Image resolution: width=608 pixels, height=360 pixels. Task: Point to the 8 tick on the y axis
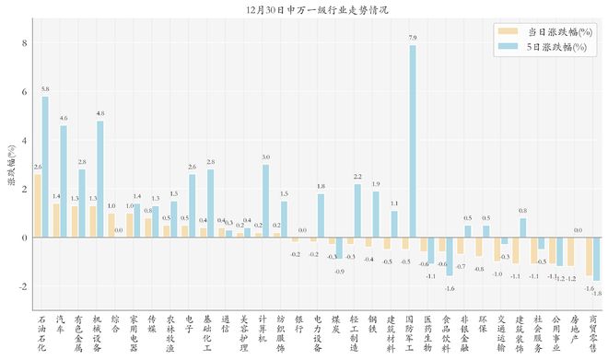tap(25, 43)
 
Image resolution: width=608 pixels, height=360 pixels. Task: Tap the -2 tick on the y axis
tap(23, 286)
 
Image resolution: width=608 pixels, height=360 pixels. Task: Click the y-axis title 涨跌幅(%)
tap(10, 166)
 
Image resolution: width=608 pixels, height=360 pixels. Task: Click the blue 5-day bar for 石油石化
tap(44, 167)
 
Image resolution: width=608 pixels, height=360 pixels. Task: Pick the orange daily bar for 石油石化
tap(37, 205)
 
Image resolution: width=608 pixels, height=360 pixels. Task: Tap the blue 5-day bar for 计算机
tap(265, 201)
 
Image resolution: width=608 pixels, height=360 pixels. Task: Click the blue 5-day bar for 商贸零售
tap(596, 259)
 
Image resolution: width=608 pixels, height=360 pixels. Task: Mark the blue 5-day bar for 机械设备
tap(99, 180)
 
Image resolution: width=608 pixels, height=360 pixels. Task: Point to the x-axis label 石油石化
tap(41, 333)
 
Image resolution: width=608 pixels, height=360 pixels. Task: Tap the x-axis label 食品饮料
tap(446, 333)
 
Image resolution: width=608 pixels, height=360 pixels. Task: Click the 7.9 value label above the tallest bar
tap(413, 38)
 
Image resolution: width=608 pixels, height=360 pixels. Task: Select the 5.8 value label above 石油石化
tap(45, 89)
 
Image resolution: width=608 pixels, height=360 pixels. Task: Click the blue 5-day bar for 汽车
tap(63, 181)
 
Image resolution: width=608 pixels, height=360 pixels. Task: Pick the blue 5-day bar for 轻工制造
tap(357, 211)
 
